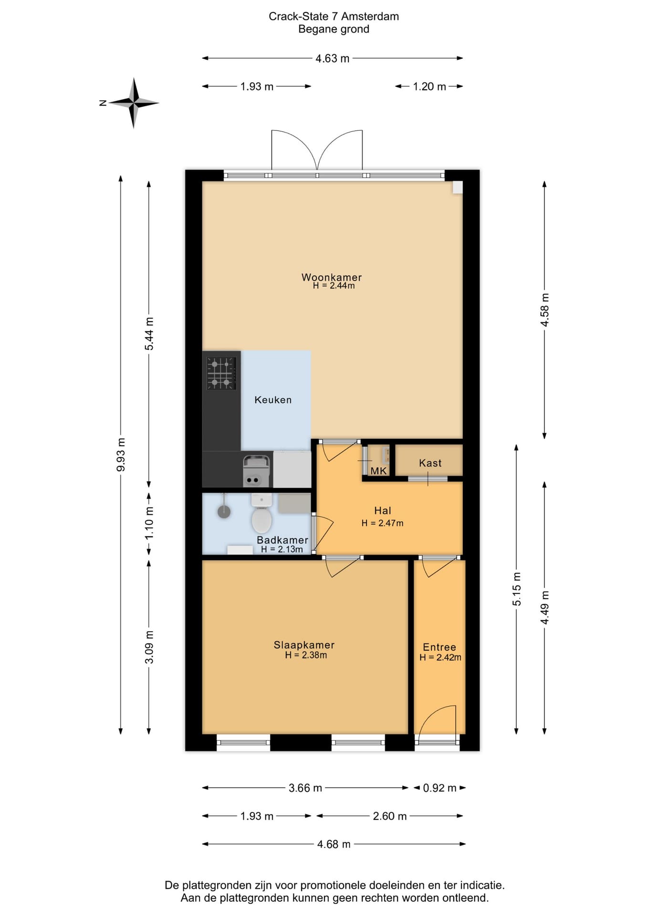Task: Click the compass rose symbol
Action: coord(134,103)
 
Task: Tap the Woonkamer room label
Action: coord(332,277)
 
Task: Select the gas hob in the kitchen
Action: coord(221,373)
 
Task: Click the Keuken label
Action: coord(273,400)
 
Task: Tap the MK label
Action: coord(378,471)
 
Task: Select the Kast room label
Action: coord(430,463)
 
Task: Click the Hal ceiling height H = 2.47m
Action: coord(382,523)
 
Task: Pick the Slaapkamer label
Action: coord(304,645)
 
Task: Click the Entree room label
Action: coord(439,647)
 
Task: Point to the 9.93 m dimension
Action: coord(121,454)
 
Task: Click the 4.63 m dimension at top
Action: coord(333,58)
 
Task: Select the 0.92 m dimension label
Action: coord(439,788)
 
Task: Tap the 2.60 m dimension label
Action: coord(390,816)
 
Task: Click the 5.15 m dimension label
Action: coord(516,589)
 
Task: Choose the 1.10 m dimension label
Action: coord(149,522)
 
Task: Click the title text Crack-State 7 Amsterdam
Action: coord(334,16)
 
